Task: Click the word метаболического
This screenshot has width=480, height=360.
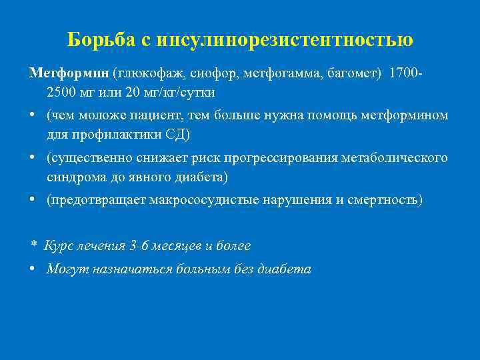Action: tap(394, 158)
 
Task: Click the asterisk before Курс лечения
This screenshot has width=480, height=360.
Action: tap(33, 246)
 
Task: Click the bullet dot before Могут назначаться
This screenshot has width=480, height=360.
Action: tap(33, 269)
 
